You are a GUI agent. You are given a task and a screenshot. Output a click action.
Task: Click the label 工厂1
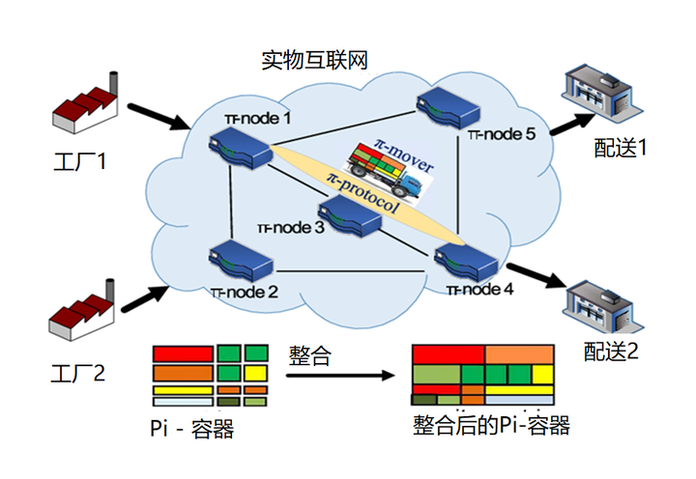tap(83, 156)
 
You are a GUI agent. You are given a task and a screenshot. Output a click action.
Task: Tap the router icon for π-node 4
tap(465, 259)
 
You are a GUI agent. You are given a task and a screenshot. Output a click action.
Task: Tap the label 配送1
tap(620, 146)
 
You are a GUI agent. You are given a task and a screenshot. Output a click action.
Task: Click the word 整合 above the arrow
tap(309, 354)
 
